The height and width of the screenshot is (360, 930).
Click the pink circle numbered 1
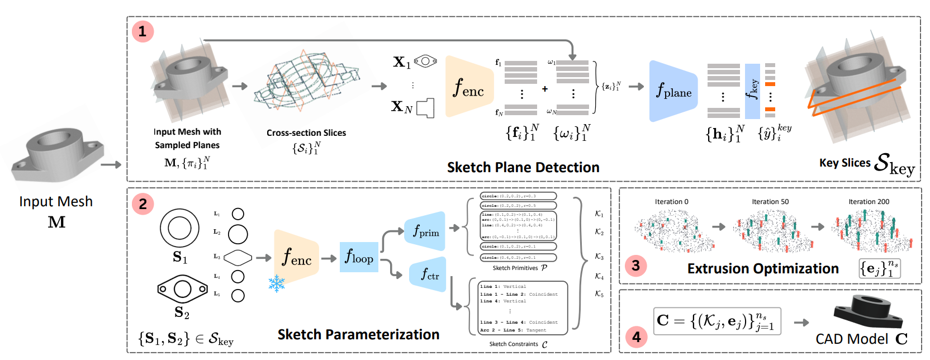pos(143,31)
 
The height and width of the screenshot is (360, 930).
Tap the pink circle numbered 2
pos(143,204)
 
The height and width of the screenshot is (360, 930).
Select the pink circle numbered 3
pos(635,265)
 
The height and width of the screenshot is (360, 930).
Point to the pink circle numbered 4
pos(635,337)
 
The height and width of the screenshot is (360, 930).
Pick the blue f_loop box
pos(359,257)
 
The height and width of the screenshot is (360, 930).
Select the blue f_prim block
pos(425,231)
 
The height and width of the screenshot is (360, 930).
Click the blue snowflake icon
pos(277,283)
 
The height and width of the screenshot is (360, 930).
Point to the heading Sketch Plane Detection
pos(523,167)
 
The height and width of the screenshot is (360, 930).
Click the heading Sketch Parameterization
pos(358,334)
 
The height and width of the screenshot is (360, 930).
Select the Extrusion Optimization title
pos(763,269)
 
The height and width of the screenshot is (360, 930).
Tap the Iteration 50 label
pos(770,202)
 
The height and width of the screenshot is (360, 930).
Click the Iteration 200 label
pos(869,202)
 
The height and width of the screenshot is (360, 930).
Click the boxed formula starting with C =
pos(717,321)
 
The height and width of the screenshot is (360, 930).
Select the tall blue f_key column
pos(752,91)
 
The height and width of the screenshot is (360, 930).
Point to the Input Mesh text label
pos(56,202)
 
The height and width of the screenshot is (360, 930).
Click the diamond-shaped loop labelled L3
pos(238,258)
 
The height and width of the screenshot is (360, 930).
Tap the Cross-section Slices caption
pos(306,133)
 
